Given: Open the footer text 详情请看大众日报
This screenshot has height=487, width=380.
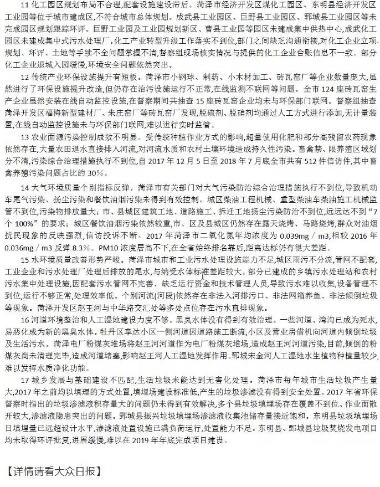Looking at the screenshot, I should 55,473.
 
